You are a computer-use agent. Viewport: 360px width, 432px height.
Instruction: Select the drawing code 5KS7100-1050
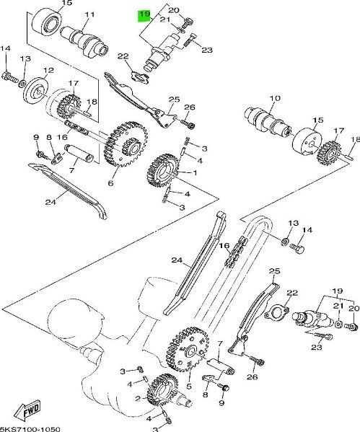(x=30, y=429)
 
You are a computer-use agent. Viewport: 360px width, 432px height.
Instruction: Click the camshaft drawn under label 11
(x=84, y=42)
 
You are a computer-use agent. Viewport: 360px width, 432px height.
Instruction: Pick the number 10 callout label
(x=275, y=98)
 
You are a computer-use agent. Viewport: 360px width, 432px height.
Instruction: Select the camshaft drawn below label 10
(x=268, y=121)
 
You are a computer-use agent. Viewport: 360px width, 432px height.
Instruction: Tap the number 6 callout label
(x=111, y=182)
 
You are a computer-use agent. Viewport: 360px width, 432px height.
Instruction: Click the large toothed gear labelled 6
(x=126, y=144)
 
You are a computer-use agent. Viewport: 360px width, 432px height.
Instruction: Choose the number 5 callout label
(x=189, y=386)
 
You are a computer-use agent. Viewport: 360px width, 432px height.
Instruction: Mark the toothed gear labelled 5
(x=188, y=349)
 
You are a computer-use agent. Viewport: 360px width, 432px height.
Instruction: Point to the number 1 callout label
(x=195, y=173)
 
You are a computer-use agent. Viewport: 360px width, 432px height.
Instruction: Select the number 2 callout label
(x=138, y=398)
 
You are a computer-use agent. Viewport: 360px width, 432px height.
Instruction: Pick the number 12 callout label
(x=48, y=70)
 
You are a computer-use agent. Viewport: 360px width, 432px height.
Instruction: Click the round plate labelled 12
(x=36, y=91)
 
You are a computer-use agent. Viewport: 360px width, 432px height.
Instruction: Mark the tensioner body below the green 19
(x=161, y=53)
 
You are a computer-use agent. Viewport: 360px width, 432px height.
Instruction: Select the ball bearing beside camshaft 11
(x=47, y=21)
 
